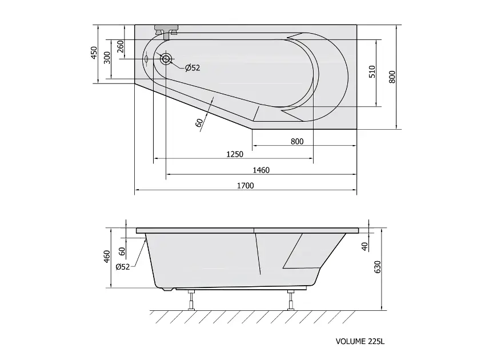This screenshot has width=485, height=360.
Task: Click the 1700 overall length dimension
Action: click(x=245, y=186)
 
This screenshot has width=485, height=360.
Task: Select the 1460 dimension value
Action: click(x=261, y=170)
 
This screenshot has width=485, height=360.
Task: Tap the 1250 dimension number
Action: click(x=235, y=154)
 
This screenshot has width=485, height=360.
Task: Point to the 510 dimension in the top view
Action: click(x=372, y=71)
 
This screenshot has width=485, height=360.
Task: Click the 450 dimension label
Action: click(x=94, y=53)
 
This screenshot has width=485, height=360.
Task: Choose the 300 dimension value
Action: click(x=107, y=58)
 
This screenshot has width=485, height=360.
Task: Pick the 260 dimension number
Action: click(x=121, y=47)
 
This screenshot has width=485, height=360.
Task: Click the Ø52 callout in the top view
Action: click(x=193, y=68)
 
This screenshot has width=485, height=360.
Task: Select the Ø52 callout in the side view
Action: click(x=123, y=267)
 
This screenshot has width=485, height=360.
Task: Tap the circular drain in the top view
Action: click(x=166, y=59)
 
